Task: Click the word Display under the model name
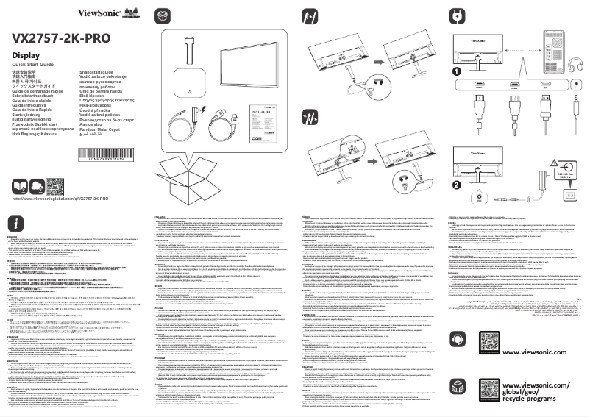pyautogui.click(x=26, y=56)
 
